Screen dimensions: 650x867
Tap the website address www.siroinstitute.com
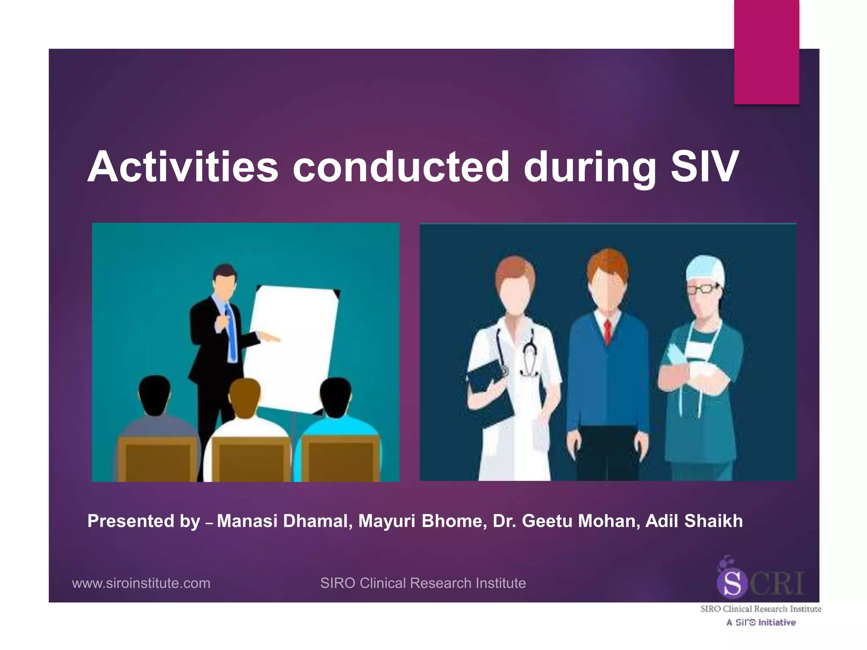click(141, 583)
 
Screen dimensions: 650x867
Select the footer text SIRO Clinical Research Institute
click(423, 583)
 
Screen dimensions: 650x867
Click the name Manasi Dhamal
click(282, 521)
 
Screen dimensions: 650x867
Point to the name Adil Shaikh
click(694, 521)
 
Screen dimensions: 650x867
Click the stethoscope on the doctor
click(527, 355)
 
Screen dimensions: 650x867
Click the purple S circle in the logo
click(732, 584)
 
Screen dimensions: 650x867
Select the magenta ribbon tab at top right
click(767, 52)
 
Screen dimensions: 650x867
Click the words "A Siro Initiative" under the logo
click(761, 622)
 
